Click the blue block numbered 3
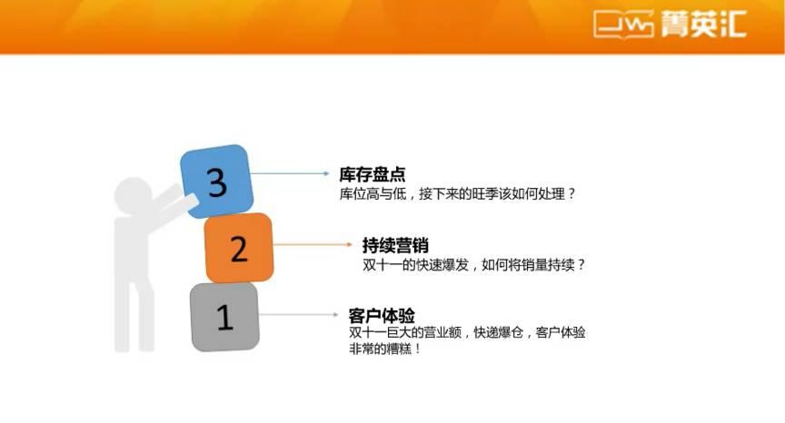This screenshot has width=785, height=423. [216, 182]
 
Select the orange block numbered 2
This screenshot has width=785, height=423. [239, 248]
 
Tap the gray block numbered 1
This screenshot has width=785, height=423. [224, 316]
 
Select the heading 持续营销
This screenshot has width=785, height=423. [395, 245]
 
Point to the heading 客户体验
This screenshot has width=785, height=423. [382, 315]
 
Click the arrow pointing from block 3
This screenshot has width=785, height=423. [291, 173]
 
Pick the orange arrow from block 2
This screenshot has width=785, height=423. [313, 244]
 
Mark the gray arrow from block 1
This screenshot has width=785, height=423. [300, 315]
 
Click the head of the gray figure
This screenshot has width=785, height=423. [134, 194]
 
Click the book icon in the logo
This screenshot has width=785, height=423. [623, 25]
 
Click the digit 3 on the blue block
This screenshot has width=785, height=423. [216, 182]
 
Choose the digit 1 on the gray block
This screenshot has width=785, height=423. [224, 317]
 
